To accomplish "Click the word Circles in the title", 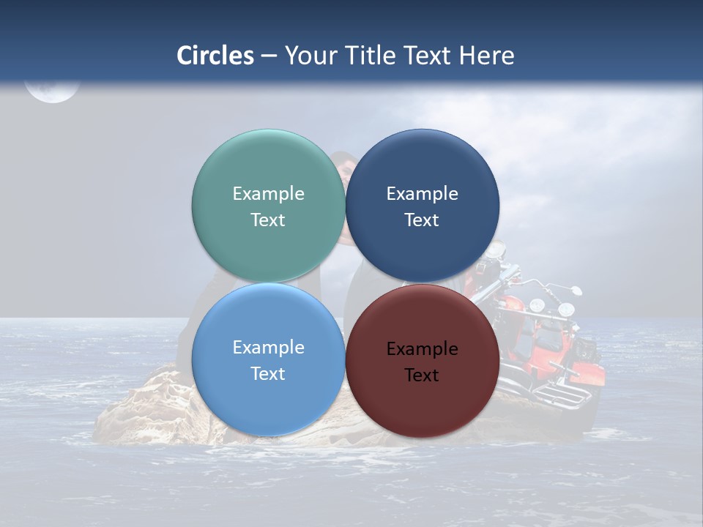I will click(215, 56).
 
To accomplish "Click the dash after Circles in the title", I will click(269, 56).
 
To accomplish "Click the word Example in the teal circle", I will click(268, 194).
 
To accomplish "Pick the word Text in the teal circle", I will click(268, 220).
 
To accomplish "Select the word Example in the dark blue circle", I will click(422, 194).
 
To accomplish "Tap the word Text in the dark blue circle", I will click(422, 220).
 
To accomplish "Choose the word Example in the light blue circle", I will click(268, 348).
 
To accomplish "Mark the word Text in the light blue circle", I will click(268, 374).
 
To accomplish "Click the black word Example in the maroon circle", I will click(422, 349).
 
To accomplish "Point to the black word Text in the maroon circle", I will click(422, 375).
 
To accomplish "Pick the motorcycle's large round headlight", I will click(567, 309).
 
